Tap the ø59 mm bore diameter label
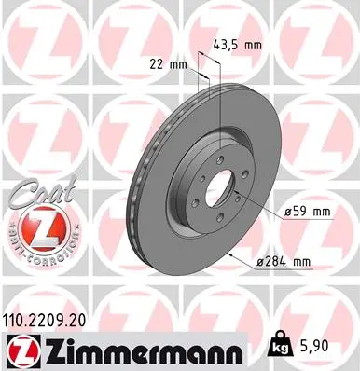307,212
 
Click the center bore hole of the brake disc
219,186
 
